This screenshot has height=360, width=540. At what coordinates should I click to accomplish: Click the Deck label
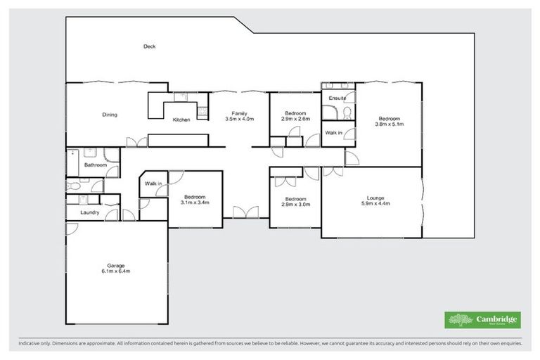(x=149, y=46)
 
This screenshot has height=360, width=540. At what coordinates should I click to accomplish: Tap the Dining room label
(x=110, y=115)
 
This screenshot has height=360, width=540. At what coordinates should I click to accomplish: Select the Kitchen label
(x=181, y=120)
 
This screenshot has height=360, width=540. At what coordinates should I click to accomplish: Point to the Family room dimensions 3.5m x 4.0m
(x=239, y=120)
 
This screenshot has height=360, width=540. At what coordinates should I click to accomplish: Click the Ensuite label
(x=337, y=98)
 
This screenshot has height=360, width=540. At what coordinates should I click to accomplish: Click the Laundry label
(x=89, y=212)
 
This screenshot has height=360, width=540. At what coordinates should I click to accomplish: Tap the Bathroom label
(x=95, y=165)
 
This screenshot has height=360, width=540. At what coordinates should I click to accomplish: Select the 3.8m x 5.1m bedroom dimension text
(x=389, y=124)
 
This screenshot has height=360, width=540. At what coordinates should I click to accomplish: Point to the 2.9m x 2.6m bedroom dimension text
(x=295, y=120)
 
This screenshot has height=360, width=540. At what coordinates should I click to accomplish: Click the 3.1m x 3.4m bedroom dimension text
(x=195, y=202)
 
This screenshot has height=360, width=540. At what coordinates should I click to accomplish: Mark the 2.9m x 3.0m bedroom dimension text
(x=295, y=204)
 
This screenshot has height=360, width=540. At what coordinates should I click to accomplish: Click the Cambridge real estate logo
(x=483, y=319)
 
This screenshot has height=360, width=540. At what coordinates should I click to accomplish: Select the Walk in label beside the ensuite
(x=333, y=133)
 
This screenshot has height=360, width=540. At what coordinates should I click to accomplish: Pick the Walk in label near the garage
(x=153, y=184)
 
